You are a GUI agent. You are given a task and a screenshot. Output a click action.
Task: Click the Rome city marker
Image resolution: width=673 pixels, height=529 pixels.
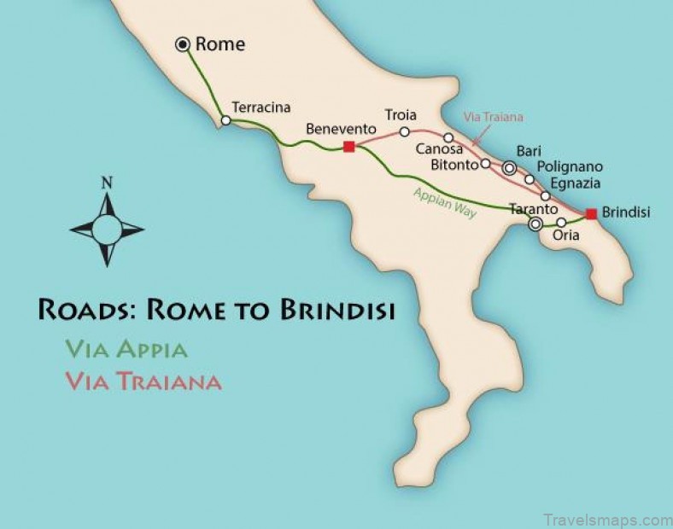[183, 44]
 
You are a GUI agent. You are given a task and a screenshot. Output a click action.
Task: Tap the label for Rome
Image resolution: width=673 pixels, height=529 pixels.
[220, 44]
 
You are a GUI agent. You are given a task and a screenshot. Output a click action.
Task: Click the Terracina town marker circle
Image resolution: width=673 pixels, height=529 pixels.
[225, 121]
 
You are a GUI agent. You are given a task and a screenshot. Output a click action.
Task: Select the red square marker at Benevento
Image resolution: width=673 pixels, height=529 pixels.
[348, 147]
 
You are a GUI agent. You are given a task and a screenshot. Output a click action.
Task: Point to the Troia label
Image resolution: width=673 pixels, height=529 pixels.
[400, 115]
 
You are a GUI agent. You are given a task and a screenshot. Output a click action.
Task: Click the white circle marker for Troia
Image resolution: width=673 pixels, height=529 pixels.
[405, 131]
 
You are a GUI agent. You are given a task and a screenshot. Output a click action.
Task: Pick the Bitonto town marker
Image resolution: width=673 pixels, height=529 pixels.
[486, 163]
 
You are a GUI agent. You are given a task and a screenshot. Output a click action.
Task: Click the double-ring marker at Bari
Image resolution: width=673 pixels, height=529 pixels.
[509, 169]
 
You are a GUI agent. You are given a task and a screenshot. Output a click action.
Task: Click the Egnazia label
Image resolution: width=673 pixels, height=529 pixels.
[576, 183]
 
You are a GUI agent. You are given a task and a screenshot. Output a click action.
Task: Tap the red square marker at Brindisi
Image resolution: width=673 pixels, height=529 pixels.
[591, 213]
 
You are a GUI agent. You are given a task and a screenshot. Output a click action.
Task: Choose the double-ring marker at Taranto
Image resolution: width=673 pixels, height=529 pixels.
[535, 224]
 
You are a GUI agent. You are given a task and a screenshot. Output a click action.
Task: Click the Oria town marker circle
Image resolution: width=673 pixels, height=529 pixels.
[561, 222]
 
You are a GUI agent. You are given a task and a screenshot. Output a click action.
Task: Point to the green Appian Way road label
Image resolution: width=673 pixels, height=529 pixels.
[444, 203]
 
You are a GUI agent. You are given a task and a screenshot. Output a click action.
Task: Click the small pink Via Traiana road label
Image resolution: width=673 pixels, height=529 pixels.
[493, 117]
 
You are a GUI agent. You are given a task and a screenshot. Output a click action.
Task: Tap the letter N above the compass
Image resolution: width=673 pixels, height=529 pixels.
[107, 182]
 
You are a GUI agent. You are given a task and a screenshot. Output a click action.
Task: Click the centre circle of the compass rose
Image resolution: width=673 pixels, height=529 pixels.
[107, 229]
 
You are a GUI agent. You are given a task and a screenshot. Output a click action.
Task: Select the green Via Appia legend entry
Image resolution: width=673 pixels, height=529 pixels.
[126, 348]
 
